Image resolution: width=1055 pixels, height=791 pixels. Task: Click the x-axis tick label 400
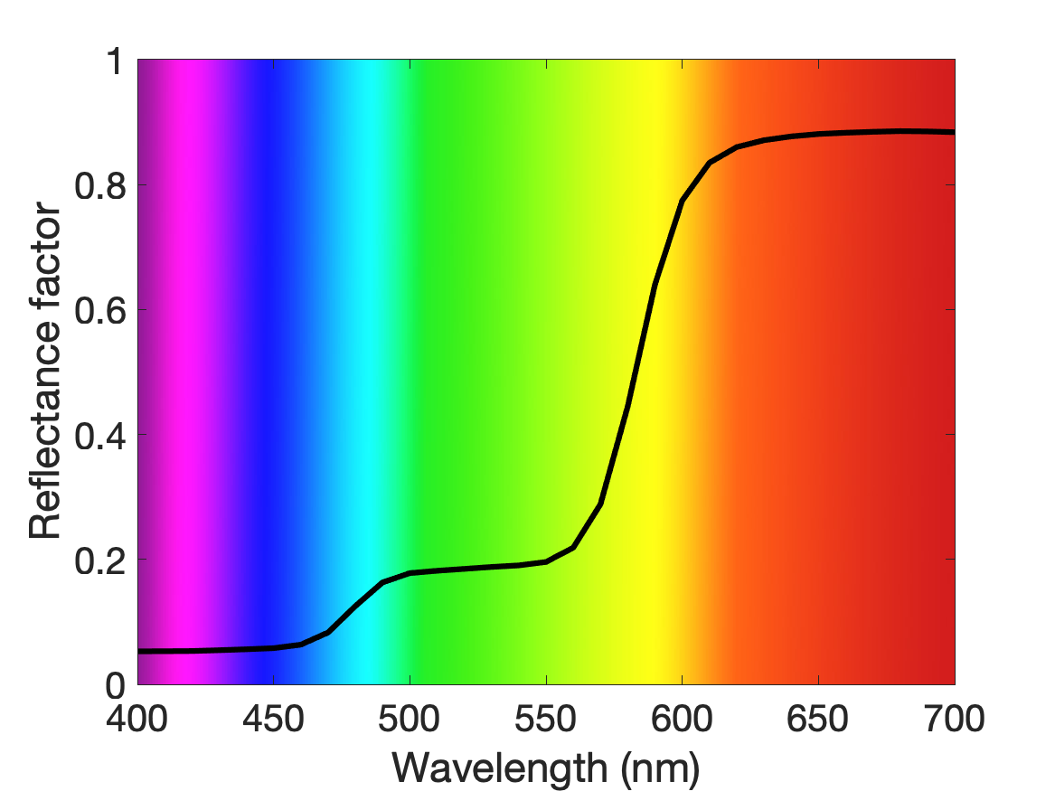[137, 719]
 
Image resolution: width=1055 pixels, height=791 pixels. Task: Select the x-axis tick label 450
[273, 719]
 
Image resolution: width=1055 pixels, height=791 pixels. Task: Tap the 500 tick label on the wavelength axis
[410, 719]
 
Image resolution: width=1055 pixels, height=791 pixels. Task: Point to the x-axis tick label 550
[546, 719]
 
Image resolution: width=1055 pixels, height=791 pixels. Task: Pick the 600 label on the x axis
[682, 719]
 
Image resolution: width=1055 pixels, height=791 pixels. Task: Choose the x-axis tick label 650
[817, 719]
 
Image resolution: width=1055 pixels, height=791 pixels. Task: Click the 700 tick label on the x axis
[954, 719]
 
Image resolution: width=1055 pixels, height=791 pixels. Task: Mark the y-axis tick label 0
[116, 685]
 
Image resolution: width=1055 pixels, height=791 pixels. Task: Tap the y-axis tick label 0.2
[100, 560]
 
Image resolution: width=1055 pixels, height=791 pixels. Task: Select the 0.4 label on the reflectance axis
[100, 435]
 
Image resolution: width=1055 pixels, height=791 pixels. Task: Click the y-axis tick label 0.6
[100, 310]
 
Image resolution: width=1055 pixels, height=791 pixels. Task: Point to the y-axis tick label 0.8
[100, 185]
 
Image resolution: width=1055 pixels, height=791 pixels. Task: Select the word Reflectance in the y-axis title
[45, 429]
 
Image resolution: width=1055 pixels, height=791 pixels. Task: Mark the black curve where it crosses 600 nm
[683, 201]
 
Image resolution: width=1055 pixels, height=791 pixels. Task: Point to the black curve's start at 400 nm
[138, 651]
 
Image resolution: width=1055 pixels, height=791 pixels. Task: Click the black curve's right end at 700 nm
[954, 132]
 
